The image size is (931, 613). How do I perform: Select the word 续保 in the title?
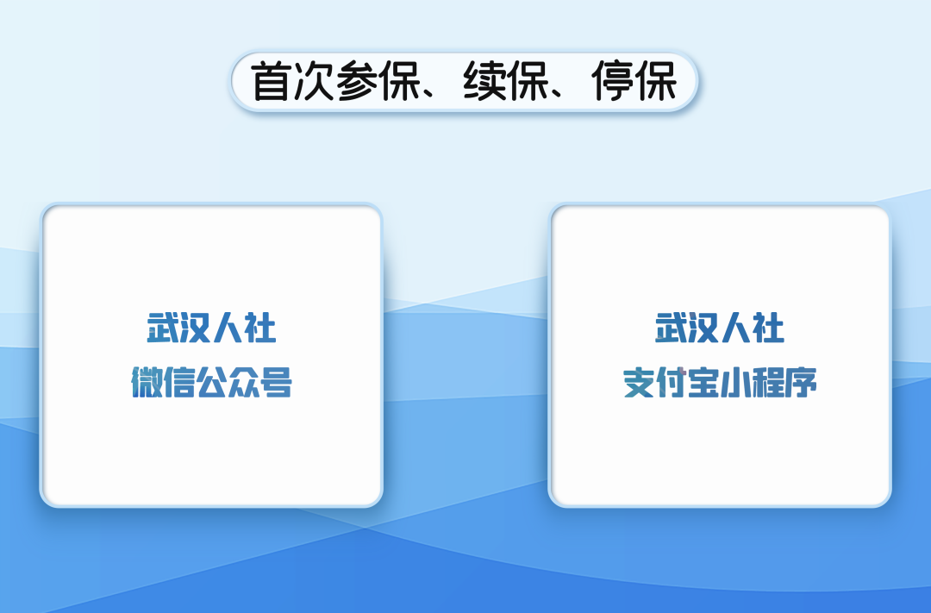(506, 81)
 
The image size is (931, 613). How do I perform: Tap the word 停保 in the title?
(634, 81)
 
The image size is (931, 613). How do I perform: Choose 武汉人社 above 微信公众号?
(211, 328)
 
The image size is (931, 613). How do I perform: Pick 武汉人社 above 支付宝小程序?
(720, 328)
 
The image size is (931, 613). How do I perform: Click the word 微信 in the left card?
(163, 382)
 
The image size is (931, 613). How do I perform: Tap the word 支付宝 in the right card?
(671, 383)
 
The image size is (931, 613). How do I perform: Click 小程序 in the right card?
(769, 383)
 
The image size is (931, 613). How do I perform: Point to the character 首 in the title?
(272, 81)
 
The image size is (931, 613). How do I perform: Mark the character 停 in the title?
(613, 81)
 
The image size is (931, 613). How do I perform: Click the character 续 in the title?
(484, 81)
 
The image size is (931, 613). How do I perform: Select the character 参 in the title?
(358, 81)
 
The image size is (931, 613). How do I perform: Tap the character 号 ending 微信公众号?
(277, 382)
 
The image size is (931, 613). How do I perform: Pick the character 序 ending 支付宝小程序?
(801, 383)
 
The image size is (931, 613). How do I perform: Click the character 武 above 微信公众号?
(163, 328)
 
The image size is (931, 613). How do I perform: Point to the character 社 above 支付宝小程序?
(769, 328)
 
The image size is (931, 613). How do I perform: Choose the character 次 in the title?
(314, 81)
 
